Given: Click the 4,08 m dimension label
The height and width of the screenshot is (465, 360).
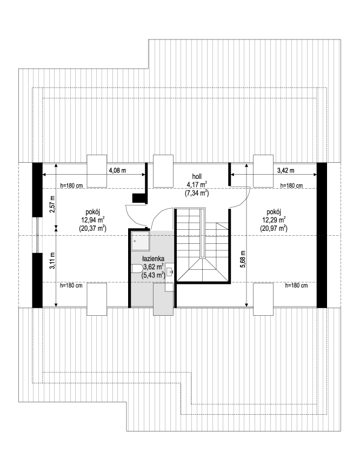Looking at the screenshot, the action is (117, 170).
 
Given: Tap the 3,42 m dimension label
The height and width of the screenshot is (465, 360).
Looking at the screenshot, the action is (285, 170).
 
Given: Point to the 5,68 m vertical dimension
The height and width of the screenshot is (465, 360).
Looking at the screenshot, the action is (243, 259).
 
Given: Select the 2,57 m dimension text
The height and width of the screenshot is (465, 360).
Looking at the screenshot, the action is (52, 204).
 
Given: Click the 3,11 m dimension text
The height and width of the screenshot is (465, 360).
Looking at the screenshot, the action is (52, 261).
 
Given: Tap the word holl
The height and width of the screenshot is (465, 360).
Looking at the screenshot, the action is (197, 177).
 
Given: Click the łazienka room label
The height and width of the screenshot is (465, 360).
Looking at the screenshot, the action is (153, 258).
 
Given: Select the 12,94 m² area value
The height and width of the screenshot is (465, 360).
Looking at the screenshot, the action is (92, 220).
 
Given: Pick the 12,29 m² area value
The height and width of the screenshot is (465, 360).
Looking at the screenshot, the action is (274, 220).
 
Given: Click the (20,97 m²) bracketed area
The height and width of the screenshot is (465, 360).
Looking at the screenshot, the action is (274, 228).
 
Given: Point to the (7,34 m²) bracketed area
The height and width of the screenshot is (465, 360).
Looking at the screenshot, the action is (197, 193).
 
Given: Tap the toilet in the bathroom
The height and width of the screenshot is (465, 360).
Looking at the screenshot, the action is (136, 270).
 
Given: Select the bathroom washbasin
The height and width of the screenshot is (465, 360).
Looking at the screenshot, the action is (170, 270).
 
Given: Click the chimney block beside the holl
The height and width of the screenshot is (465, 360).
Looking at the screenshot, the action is (138, 198).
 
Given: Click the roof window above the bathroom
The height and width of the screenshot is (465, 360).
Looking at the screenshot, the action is (163, 299).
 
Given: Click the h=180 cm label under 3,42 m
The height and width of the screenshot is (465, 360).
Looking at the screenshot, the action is (291, 185).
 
